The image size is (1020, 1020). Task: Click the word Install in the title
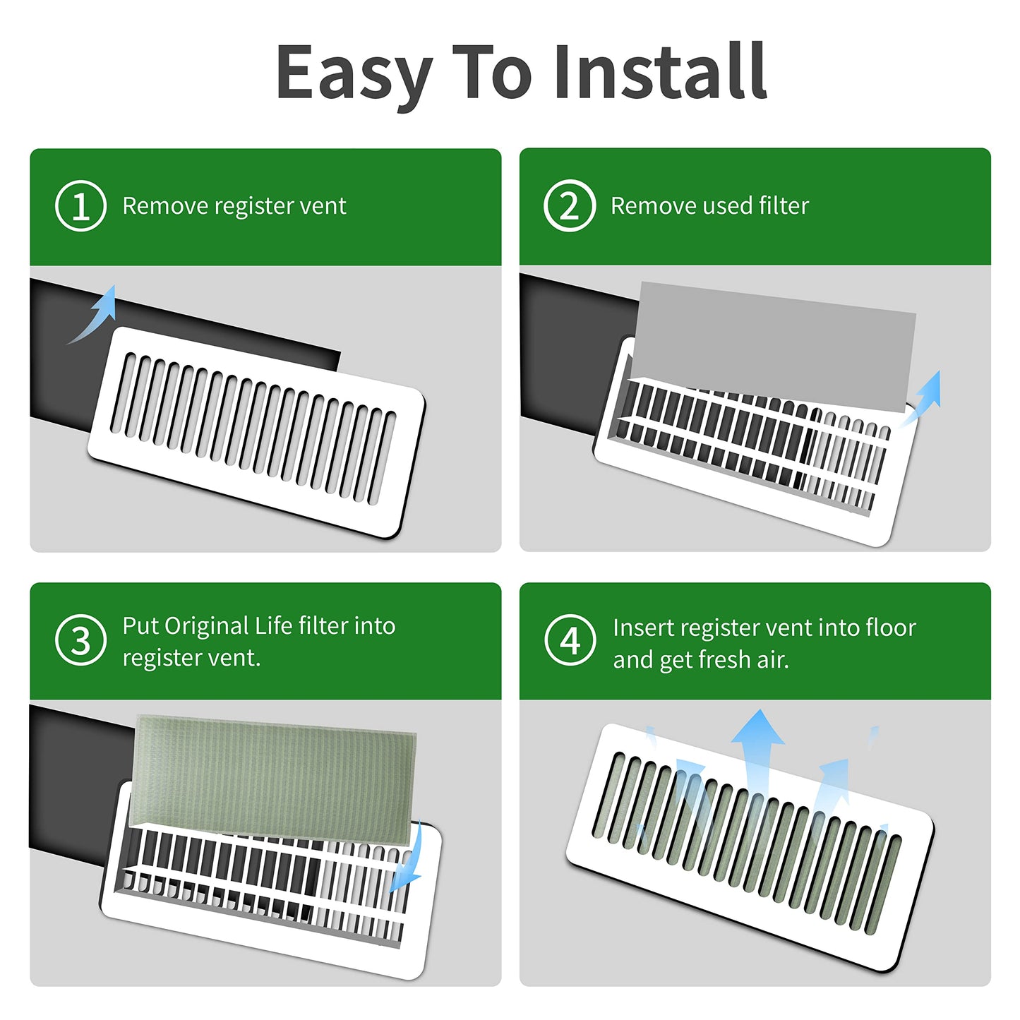click(x=660, y=71)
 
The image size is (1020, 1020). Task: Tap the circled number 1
click(x=80, y=205)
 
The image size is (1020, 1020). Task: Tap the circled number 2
click(x=569, y=205)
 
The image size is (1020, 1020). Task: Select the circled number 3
click(x=80, y=640)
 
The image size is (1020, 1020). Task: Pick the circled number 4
click(x=570, y=640)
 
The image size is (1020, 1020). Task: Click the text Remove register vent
click(x=234, y=206)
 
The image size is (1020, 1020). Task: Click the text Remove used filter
click(x=710, y=205)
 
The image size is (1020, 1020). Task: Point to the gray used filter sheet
click(x=773, y=347)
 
